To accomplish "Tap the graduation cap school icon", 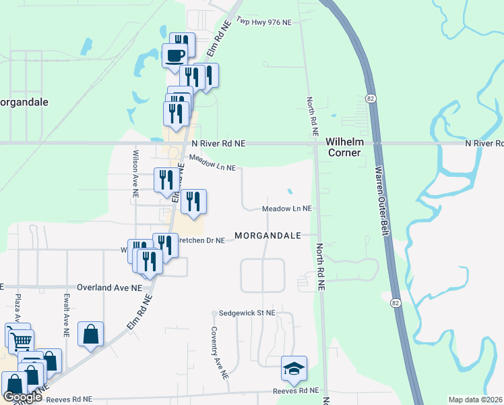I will (294, 368).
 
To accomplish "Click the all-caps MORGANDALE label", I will (267, 236).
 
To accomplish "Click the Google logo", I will (22, 398).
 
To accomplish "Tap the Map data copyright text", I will (476, 400).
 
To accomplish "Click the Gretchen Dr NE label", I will (201, 240).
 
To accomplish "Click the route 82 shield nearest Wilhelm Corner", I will (371, 99).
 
